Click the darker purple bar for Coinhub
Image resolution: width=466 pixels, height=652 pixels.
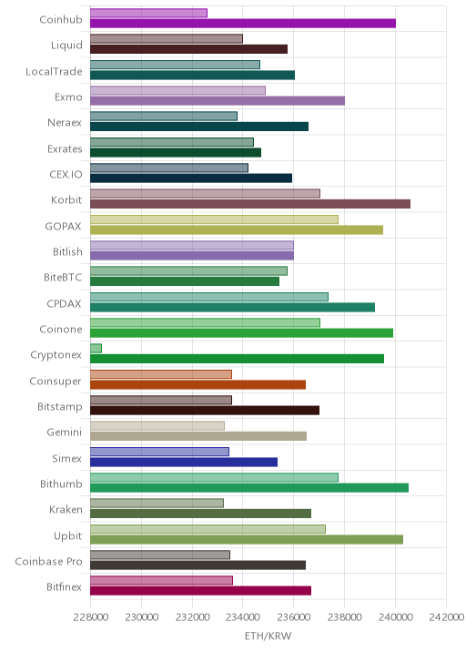(x=243, y=24)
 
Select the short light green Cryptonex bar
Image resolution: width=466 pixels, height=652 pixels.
(x=96, y=349)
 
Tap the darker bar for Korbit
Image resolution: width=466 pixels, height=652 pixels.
(x=250, y=204)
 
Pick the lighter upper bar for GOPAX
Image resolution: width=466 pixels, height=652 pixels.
(x=214, y=219)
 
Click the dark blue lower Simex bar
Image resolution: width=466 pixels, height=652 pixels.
(x=184, y=462)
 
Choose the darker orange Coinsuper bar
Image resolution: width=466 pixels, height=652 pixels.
(x=198, y=384)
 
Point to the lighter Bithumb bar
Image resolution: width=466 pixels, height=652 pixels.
(x=214, y=477)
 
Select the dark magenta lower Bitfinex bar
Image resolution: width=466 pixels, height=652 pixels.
(x=200, y=591)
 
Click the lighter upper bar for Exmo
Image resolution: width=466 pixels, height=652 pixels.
(x=177, y=90)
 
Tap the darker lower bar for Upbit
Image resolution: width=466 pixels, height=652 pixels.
(x=247, y=539)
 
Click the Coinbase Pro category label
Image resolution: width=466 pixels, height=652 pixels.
(x=48, y=561)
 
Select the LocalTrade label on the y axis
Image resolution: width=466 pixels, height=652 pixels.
(x=54, y=72)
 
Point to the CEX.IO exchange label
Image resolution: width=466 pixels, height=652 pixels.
(x=66, y=174)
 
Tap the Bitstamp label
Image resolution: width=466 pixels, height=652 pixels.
(x=60, y=407)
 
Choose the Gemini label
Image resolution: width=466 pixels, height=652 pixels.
(x=65, y=432)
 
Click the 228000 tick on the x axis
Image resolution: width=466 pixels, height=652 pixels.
(x=91, y=617)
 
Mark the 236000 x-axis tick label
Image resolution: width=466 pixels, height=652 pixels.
(x=293, y=617)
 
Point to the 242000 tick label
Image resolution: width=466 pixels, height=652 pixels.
(x=446, y=617)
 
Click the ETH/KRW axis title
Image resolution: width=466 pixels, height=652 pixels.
(x=268, y=637)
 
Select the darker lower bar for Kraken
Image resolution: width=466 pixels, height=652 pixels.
(x=200, y=514)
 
